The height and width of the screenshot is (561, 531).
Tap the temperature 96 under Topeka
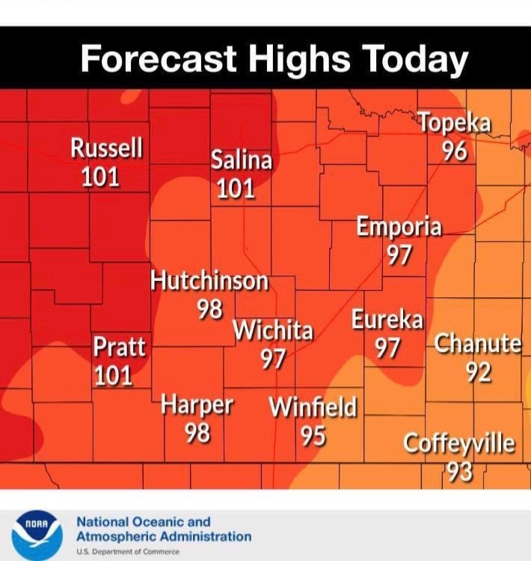454,151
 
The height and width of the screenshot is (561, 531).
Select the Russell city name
106,148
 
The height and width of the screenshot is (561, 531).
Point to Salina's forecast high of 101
236,189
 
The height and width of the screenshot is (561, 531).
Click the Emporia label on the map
399,226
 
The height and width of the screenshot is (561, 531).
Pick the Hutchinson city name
209,281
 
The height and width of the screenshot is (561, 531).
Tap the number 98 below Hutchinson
210,309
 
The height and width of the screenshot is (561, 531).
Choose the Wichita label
273,330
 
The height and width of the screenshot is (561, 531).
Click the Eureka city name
387,320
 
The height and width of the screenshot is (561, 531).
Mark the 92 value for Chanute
478,372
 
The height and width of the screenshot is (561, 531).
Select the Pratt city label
119,348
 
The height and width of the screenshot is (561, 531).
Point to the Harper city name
197,405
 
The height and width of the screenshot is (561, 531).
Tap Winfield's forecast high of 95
313,435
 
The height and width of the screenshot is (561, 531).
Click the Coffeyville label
459,443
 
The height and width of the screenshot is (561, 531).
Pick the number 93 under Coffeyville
459,471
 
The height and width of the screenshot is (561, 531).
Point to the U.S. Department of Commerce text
127,552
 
